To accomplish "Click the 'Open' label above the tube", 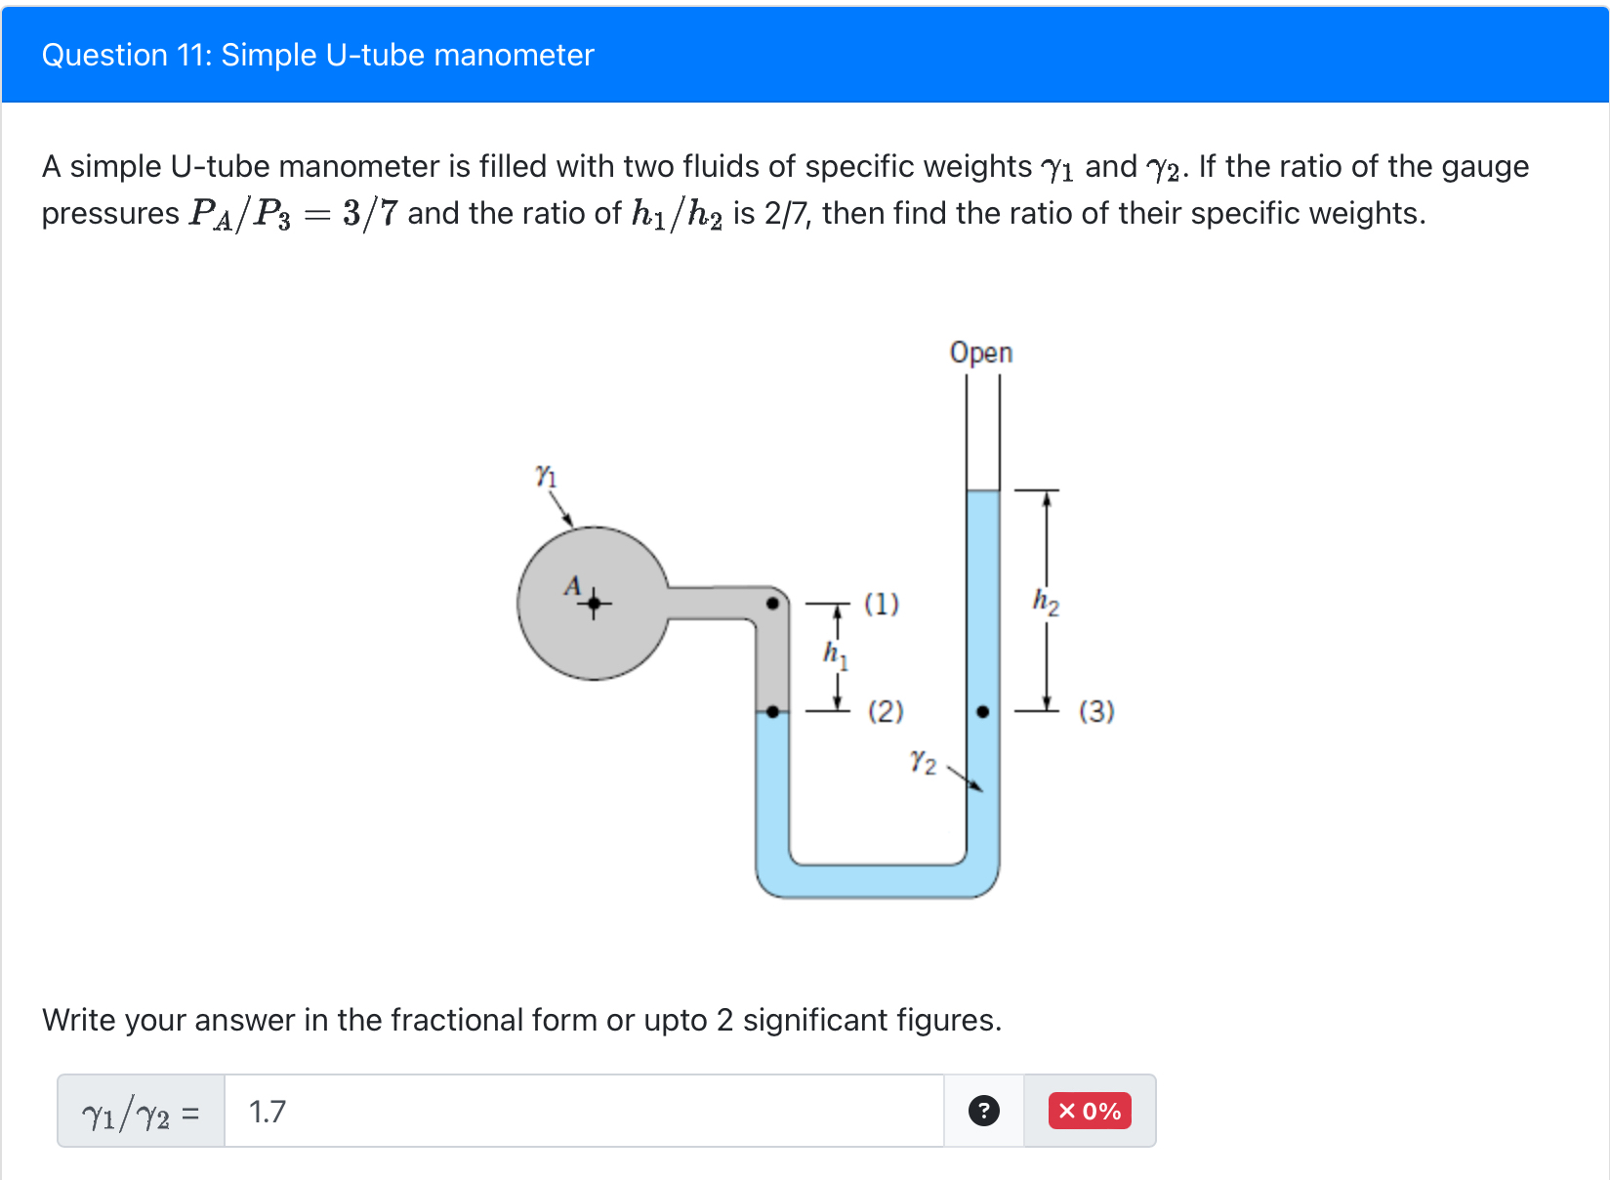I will point(980,352).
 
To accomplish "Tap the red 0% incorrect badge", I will point(1090,1111).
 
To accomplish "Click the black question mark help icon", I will point(983,1111).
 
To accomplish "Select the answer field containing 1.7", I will point(584,1111).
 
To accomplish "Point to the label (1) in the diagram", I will point(881,604).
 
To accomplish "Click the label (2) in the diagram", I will point(886,710).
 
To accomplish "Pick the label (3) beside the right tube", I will point(1095,710).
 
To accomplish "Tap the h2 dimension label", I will point(1046,601).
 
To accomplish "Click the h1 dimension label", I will point(835,653).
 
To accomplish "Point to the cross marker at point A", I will point(594,605).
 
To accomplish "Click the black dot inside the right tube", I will point(982,712).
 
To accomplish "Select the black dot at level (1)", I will point(772,604).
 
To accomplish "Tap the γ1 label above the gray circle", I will point(546,476).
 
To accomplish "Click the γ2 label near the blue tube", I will point(923,761).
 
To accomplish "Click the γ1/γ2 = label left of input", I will point(141,1113).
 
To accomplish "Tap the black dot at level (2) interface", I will point(772,712).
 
